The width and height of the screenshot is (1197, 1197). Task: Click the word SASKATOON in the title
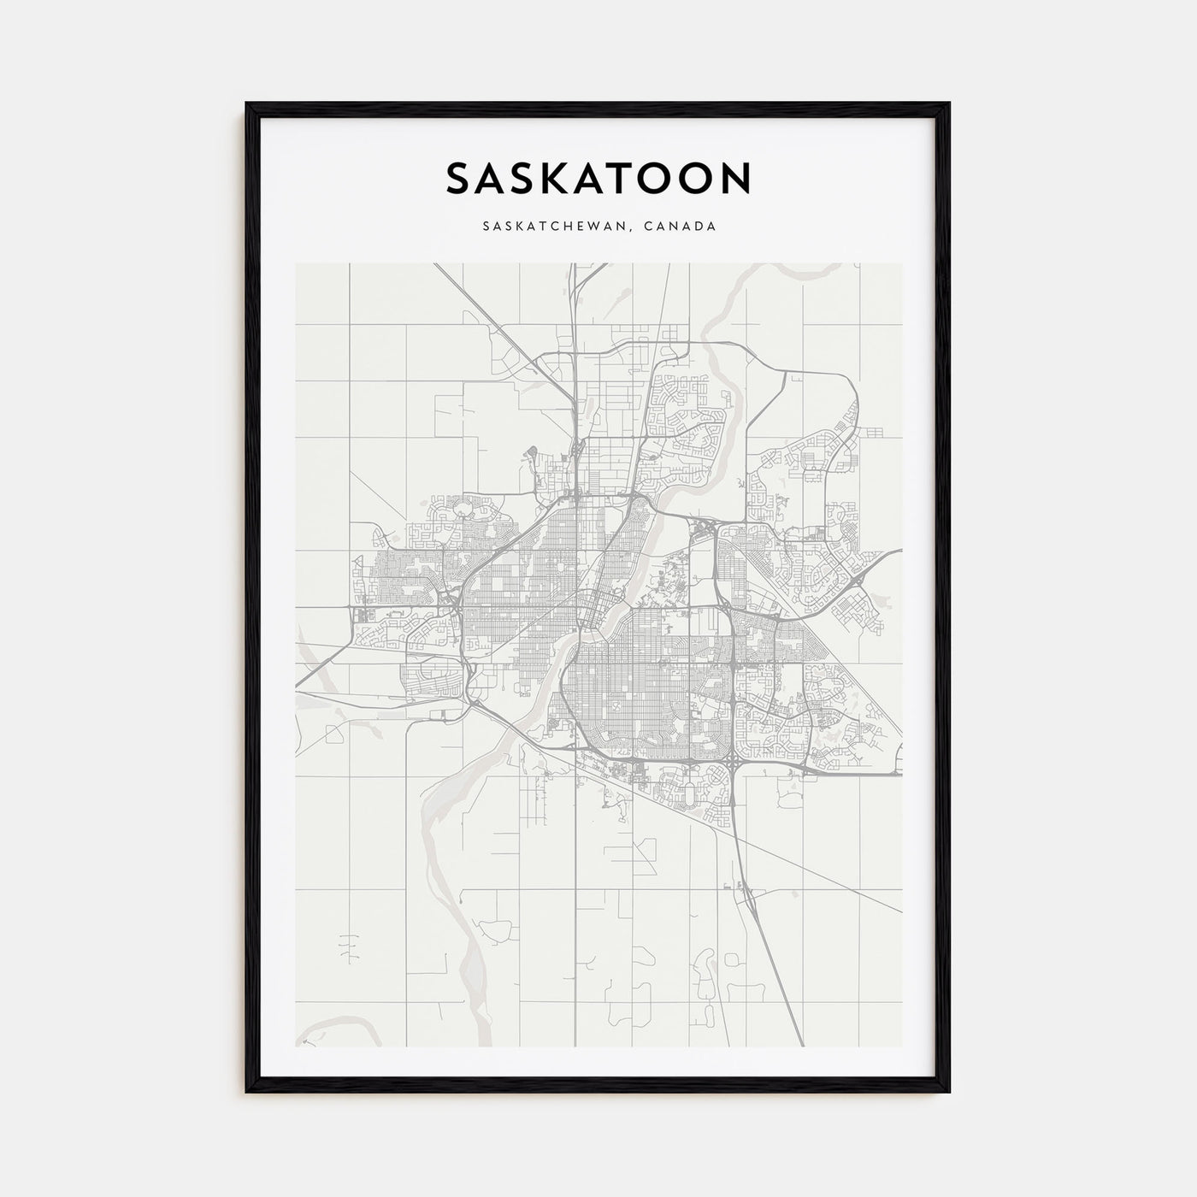598,178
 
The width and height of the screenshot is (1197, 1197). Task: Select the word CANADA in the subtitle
681,227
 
